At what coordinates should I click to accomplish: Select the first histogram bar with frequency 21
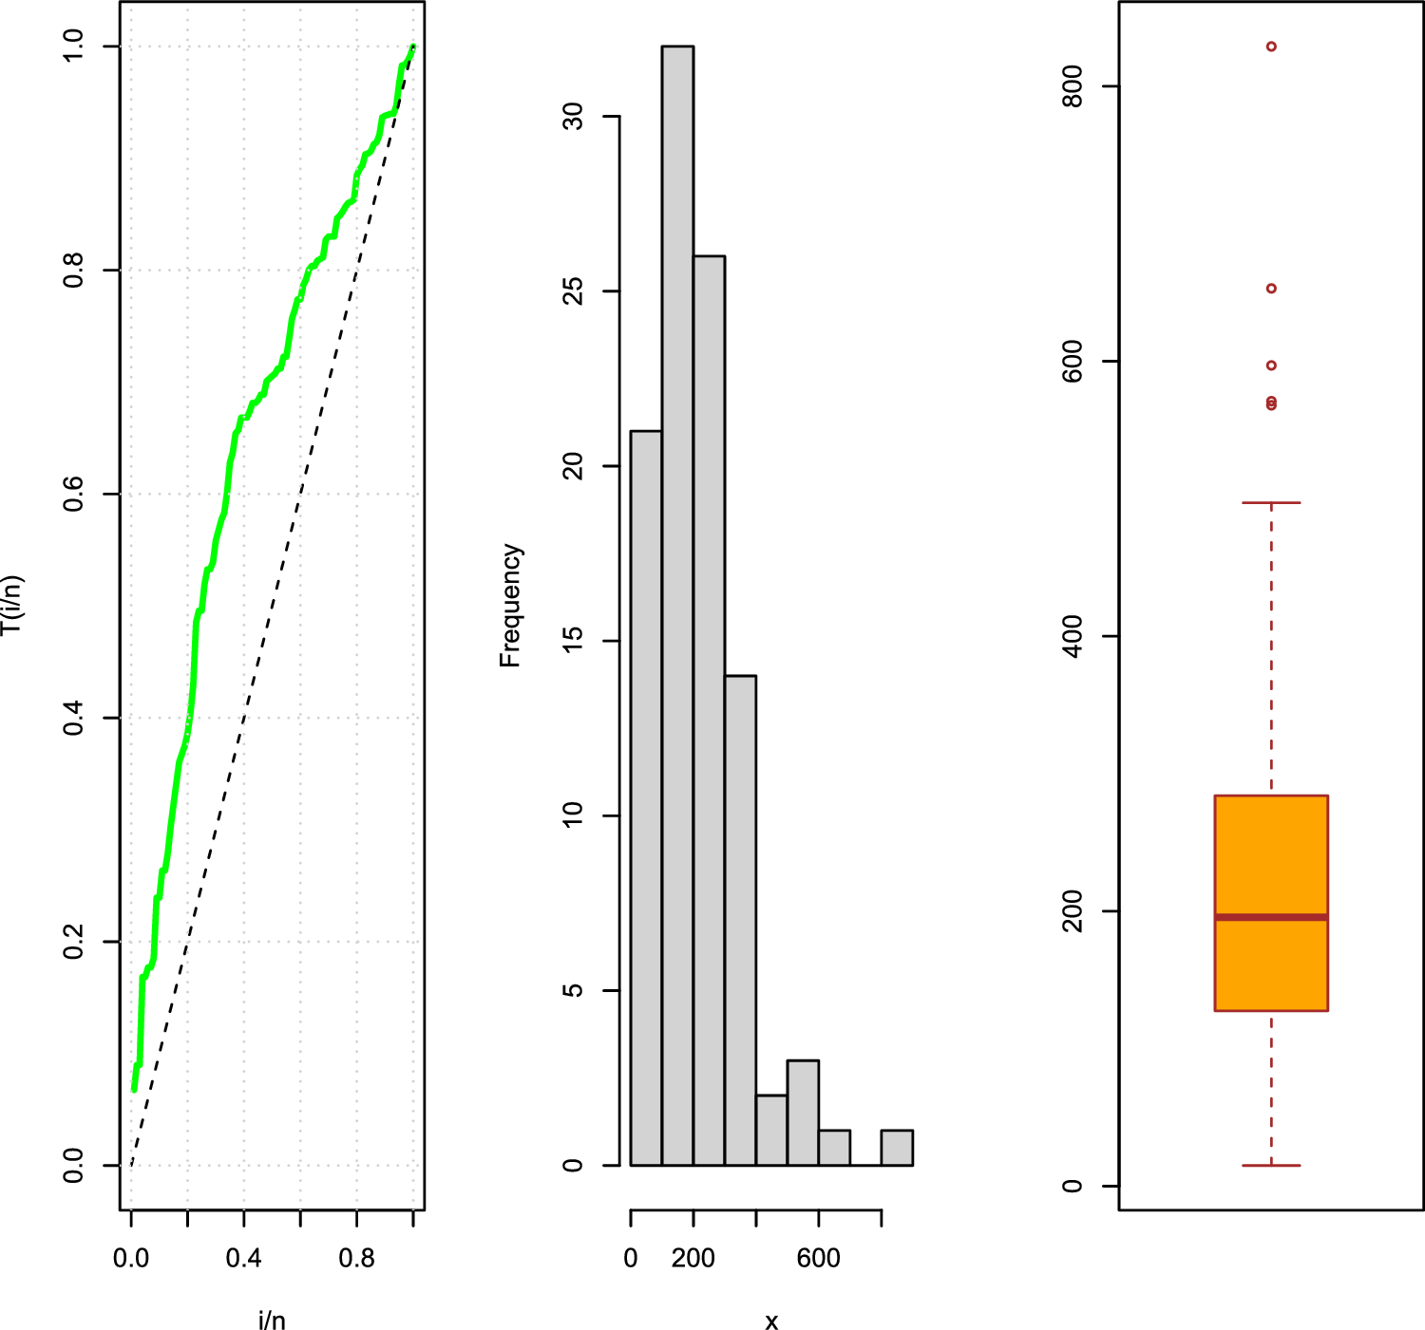[646, 797]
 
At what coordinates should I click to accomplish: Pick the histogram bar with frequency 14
[740, 920]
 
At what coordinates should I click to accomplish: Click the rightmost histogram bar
[897, 1148]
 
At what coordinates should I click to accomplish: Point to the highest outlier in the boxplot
[1271, 47]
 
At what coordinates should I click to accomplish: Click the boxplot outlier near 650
[1271, 289]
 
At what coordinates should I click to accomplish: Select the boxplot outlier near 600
[1271, 365]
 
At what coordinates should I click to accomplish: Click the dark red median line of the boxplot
[1271, 917]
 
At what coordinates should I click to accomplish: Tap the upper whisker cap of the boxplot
[1271, 502]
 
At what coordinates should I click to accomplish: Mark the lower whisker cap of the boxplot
[1271, 1165]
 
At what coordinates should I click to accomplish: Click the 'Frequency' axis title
[510, 606]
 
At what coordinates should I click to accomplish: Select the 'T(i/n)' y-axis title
[11, 606]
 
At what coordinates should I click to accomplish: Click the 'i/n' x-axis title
[272, 1321]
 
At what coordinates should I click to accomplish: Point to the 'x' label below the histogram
[771, 1321]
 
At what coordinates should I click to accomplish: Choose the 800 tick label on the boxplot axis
[1073, 86]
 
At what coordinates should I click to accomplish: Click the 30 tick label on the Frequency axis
[573, 117]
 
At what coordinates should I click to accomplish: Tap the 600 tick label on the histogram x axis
[819, 1259]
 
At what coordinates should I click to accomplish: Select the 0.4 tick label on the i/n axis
[244, 1259]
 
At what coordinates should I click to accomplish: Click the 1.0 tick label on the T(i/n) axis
[74, 47]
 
